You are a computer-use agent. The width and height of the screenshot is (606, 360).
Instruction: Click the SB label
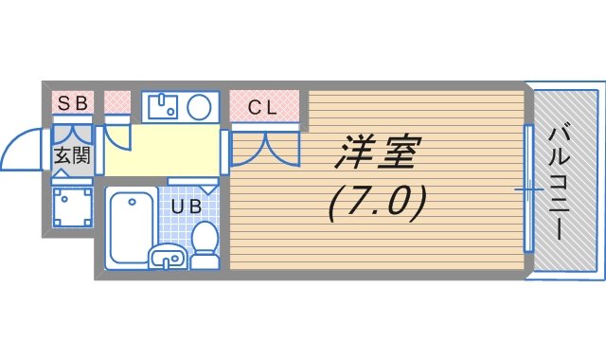(73, 103)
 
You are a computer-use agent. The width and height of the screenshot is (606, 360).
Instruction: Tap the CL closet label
(262, 107)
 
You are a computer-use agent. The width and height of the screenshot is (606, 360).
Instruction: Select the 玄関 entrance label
(72, 155)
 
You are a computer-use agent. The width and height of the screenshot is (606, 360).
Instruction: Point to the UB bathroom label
(187, 207)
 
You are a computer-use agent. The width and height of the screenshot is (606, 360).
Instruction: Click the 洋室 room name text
(378, 153)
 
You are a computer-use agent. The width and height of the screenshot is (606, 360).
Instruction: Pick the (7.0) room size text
(378, 204)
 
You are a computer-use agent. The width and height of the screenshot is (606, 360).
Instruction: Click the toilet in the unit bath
(205, 245)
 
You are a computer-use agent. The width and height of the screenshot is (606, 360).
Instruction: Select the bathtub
(132, 227)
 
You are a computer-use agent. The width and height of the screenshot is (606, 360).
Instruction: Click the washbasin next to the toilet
(168, 257)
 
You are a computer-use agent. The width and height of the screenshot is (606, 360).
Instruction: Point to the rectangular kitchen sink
(163, 106)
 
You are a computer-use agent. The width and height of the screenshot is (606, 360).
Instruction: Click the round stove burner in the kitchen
(199, 107)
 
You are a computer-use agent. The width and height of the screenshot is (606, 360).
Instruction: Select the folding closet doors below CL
(265, 149)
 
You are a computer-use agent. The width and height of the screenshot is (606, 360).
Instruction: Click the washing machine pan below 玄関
(72, 207)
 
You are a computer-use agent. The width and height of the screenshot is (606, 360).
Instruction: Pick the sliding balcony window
(528, 189)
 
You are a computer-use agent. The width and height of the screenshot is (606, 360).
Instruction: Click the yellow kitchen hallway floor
(162, 150)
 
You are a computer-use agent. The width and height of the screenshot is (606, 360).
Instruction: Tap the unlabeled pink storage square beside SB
(117, 102)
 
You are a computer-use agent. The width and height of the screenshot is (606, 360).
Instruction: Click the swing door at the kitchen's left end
(117, 136)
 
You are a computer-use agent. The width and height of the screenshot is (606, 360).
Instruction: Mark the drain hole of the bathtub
(133, 202)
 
